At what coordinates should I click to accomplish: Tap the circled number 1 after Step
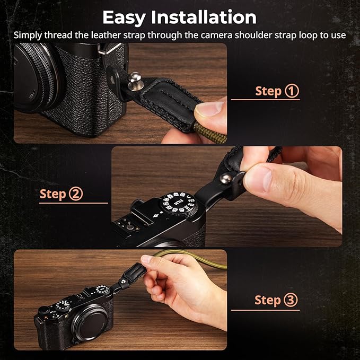(x=292, y=91)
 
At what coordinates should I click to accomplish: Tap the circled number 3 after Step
(x=291, y=300)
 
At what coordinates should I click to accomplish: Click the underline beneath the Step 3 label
(x=265, y=310)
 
